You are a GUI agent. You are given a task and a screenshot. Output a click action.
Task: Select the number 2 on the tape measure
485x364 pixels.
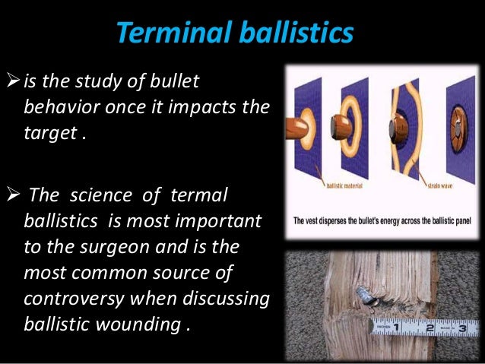pos(431,328)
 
